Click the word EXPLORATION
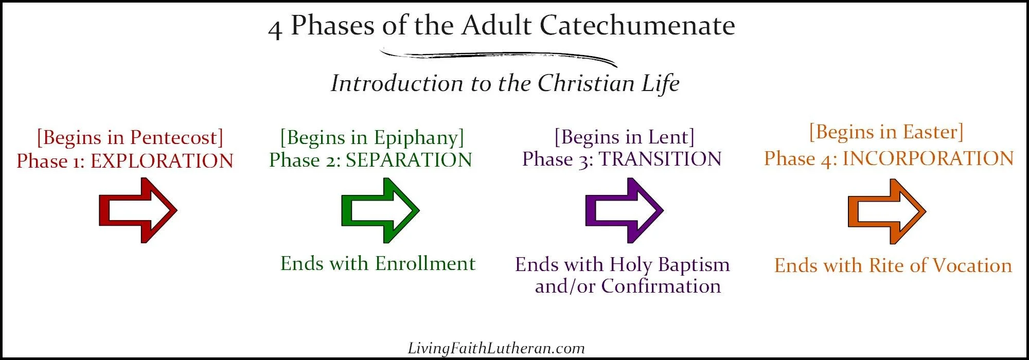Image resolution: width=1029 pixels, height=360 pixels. coord(162,161)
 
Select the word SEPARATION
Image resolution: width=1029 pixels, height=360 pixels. coord(409,160)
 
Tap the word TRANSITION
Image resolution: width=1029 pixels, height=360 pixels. coord(660,159)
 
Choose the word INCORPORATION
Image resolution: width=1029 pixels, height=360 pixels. coord(928,158)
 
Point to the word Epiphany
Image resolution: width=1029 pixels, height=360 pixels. coord(416,137)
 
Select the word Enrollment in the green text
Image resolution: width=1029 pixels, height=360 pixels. coord(425,263)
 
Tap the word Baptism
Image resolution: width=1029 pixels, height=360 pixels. coord(694,265)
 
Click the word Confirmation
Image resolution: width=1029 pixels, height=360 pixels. coord(661,286)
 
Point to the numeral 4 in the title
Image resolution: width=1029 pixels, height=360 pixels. coord(275,29)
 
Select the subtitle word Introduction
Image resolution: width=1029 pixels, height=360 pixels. coord(397,83)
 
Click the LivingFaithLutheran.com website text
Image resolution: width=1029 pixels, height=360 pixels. coord(496,348)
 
